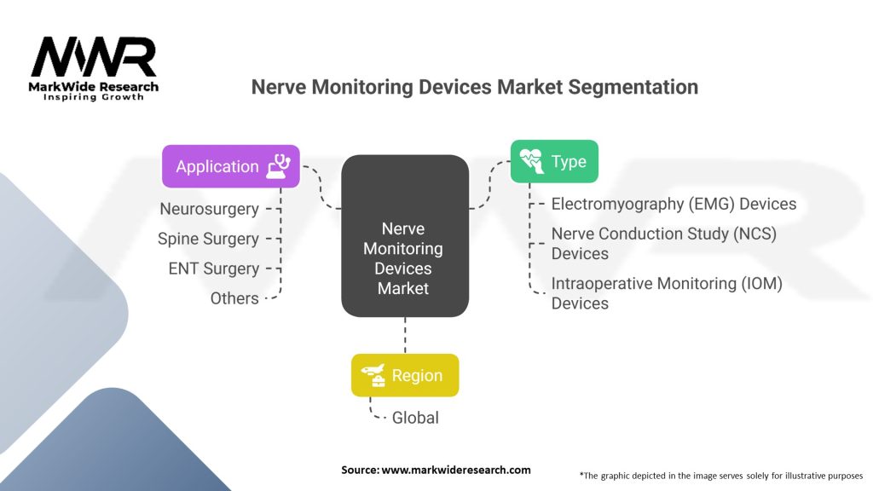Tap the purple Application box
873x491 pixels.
click(x=231, y=166)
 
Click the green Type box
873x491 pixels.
click(x=553, y=161)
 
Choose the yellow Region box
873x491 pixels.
click(x=405, y=376)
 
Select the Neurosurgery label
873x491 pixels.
click(x=209, y=209)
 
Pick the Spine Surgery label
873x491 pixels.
click(x=208, y=239)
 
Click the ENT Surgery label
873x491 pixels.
click(x=213, y=269)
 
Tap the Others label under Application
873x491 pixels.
click(x=234, y=298)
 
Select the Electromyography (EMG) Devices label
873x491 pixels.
click(x=674, y=204)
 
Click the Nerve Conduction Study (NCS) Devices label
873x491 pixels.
click(x=663, y=243)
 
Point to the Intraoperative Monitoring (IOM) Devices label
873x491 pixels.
click(x=666, y=292)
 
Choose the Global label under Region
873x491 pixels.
click(x=415, y=418)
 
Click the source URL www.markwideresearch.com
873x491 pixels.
click(x=455, y=470)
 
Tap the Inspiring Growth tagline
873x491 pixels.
click(x=94, y=97)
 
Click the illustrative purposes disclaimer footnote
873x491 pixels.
click(x=720, y=475)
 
